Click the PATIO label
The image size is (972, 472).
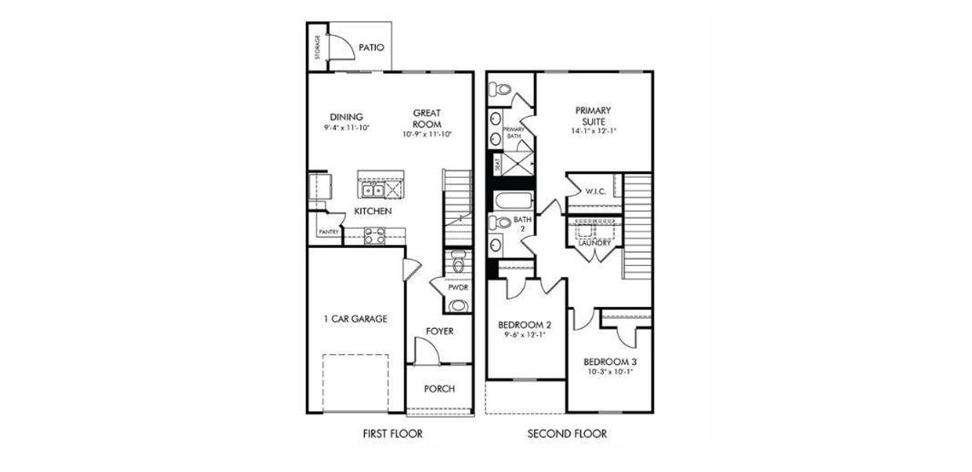coord(371,47)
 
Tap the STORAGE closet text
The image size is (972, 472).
coord(318,47)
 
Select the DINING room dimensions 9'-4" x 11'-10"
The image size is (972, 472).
coord(346,127)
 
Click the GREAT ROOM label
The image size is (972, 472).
coord(426,119)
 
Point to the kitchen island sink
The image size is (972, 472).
coord(371,190)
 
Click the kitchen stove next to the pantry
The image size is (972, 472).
coord(374,233)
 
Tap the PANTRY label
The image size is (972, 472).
coord(328,233)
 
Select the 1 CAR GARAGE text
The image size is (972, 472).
coord(355,319)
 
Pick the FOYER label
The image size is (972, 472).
coord(440,331)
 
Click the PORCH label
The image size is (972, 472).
coord(439,389)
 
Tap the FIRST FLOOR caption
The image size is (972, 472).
coord(392,433)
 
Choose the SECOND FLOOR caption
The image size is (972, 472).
coord(567,433)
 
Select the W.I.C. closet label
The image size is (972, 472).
coord(595,191)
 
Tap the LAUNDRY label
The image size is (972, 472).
coord(595,243)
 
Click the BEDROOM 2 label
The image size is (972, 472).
coord(525,325)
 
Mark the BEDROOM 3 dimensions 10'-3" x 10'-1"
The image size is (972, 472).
coord(609,373)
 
